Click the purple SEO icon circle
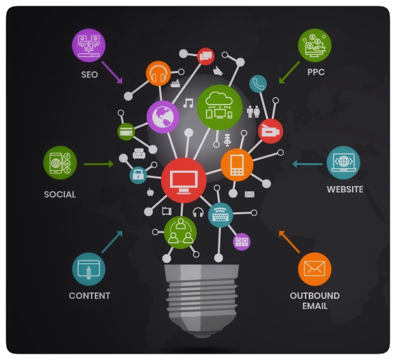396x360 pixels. click(88, 46)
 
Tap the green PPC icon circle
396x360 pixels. click(315, 46)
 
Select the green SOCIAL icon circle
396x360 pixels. click(60, 162)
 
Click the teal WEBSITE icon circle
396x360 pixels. click(343, 162)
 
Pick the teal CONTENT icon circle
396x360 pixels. click(88, 268)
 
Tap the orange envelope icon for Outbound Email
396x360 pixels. click(315, 268)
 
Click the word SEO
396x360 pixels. click(89, 74)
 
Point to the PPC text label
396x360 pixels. click(315, 73)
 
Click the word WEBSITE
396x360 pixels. click(344, 189)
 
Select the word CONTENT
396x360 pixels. click(89, 296)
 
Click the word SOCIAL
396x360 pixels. click(60, 194)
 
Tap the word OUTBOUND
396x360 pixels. click(315, 296)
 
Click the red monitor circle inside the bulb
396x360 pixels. click(183, 179)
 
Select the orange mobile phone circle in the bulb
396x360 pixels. click(237, 164)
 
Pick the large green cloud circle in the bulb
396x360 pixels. click(220, 104)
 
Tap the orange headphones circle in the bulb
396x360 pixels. click(158, 75)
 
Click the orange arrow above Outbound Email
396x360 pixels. click(289, 241)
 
